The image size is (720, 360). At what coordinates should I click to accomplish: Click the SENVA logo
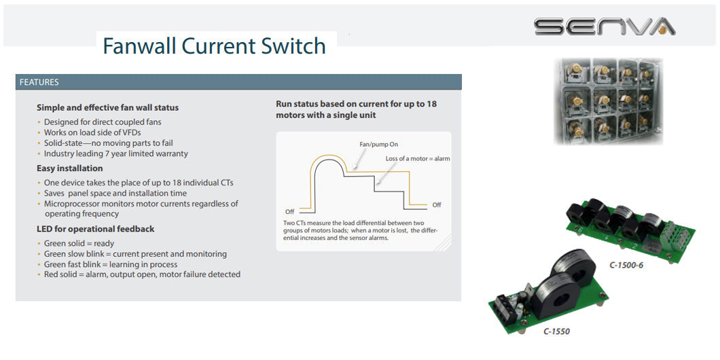(604, 26)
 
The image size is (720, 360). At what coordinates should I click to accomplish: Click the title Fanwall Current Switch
(214, 46)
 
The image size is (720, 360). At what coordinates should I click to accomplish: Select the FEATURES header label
(39, 82)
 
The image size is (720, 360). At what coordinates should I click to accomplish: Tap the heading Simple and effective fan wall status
(107, 107)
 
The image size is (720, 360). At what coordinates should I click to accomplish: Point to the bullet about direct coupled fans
(103, 122)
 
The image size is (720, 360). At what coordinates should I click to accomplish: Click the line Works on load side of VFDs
(92, 132)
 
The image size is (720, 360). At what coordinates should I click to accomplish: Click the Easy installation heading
(70, 168)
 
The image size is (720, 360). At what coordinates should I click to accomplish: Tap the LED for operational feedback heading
(95, 229)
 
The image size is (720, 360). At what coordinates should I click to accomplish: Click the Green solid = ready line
(79, 243)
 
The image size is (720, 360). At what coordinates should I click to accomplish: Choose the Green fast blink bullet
(111, 264)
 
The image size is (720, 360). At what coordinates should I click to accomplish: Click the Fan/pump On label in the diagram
(378, 145)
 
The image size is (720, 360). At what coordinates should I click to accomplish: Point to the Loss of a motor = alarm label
(418, 158)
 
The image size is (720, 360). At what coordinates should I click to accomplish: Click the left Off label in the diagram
(290, 211)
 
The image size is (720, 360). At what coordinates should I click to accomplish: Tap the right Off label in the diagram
(437, 204)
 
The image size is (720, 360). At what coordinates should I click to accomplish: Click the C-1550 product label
(556, 331)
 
